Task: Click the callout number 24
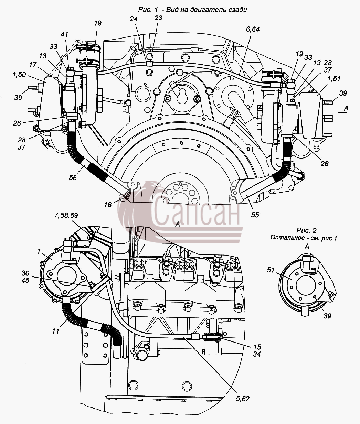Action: [x=134, y=19]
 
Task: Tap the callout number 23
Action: [x=158, y=18]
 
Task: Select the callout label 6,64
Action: [x=253, y=30]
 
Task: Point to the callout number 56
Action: [x=73, y=177]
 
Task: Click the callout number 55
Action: [x=255, y=215]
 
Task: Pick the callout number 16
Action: [x=108, y=205]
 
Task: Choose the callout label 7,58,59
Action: [x=66, y=215]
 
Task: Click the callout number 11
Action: [x=56, y=331]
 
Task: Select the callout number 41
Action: [x=64, y=34]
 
